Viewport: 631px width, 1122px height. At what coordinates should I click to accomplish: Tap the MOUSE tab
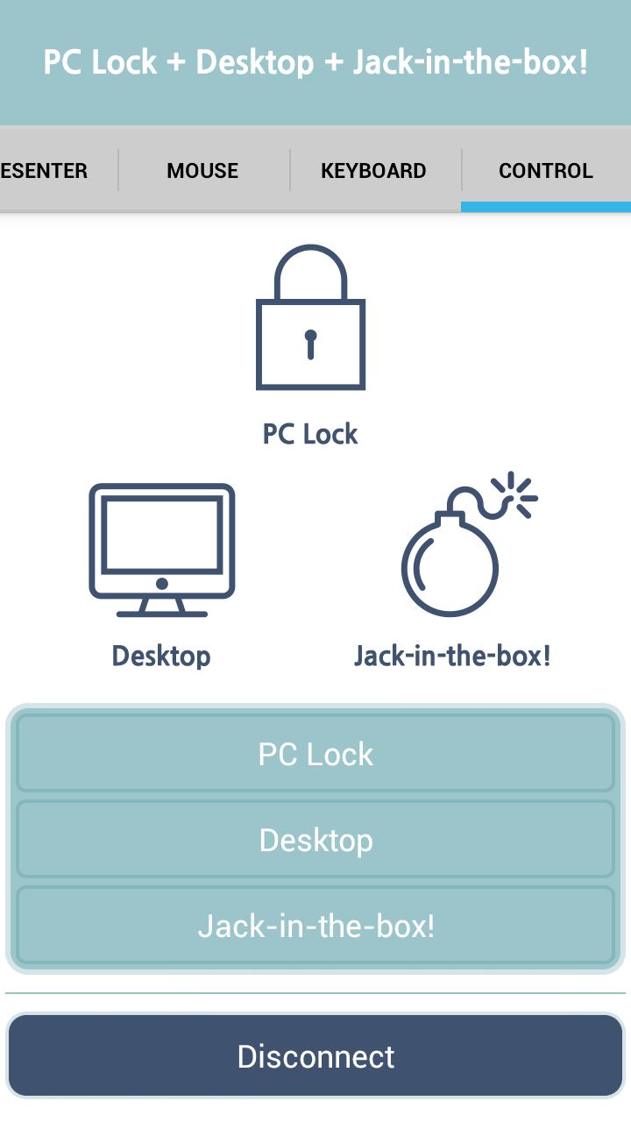tap(202, 171)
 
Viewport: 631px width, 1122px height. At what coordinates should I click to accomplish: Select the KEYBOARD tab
tap(373, 171)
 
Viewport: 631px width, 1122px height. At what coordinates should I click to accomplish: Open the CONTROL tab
tap(546, 171)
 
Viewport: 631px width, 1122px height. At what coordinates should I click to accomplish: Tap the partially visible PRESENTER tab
tap(44, 171)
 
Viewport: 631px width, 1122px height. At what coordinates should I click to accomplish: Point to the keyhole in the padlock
tap(310, 344)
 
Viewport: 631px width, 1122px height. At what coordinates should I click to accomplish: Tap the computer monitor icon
tap(162, 550)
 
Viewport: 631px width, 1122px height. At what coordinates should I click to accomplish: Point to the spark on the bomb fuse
tap(516, 495)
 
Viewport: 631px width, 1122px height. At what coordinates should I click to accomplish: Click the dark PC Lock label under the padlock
tap(310, 434)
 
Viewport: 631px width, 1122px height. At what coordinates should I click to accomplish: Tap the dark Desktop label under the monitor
tap(161, 657)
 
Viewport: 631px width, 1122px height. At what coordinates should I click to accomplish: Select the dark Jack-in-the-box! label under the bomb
tap(452, 656)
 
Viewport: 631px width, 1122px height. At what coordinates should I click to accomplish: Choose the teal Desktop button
tap(315, 840)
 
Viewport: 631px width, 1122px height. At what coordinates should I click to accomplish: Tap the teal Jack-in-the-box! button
tap(315, 926)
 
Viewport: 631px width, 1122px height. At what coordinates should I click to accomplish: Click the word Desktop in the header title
tap(254, 63)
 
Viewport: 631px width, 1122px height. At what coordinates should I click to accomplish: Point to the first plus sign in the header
tap(176, 63)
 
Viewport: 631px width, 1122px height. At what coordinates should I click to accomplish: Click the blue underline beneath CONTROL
tap(546, 207)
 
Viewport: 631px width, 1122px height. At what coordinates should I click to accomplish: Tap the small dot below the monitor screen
tap(162, 584)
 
